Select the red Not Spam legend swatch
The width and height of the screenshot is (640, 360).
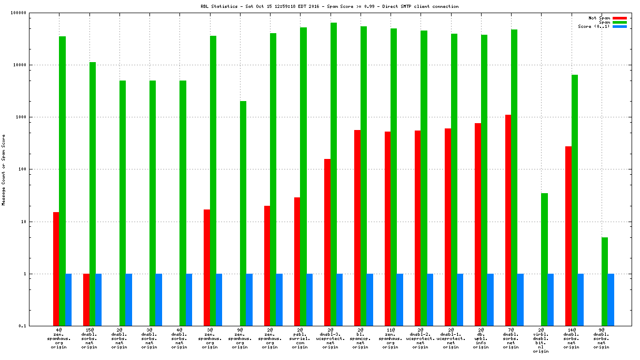(x=619, y=18)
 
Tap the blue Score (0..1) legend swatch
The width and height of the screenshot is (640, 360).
(x=619, y=26)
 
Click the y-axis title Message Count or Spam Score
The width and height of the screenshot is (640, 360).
(x=3, y=169)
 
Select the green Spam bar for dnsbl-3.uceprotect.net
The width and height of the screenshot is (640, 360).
(x=334, y=174)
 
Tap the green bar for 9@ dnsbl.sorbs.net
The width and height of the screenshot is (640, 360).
(x=605, y=282)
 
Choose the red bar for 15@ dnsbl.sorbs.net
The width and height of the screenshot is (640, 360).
(x=86, y=299)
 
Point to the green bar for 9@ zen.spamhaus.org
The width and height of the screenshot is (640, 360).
(x=243, y=213)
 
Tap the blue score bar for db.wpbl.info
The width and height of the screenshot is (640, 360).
(x=491, y=299)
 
